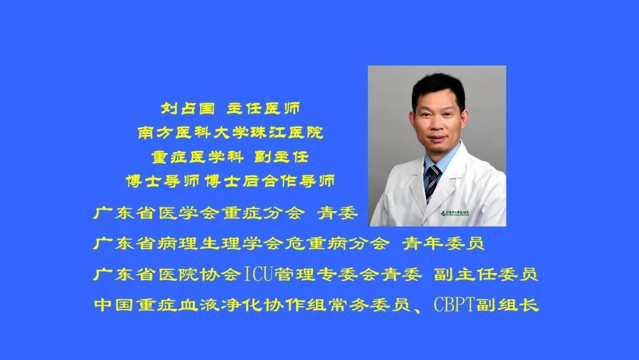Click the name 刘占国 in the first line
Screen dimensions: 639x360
click(188, 108)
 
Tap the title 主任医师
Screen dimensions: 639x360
click(263, 108)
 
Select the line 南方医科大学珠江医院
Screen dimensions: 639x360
click(230, 133)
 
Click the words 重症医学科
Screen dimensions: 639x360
click(198, 157)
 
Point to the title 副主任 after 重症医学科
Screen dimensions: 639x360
click(281, 157)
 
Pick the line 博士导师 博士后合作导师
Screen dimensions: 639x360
click(230, 181)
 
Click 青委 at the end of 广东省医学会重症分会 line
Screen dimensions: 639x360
click(337, 213)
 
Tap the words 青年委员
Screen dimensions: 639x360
click(443, 243)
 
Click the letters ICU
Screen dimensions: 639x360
click(257, 274)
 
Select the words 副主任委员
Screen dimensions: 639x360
click(486, 274)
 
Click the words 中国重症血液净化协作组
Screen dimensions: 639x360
click(210, 305)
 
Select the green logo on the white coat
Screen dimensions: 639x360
click(455, 213)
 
